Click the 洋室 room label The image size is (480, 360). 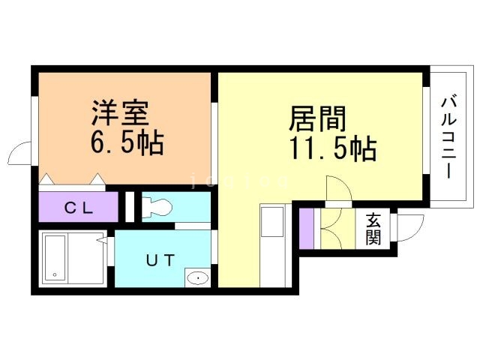[120, 114]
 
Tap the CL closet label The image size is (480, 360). [78, 208]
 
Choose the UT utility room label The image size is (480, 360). [160, 261]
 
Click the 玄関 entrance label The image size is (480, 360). [373, 229]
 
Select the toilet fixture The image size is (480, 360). [157, 206]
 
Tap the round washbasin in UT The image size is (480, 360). [197, 279]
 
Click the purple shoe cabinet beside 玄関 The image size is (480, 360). [306, 229]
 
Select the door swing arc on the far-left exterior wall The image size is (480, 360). [20, 154]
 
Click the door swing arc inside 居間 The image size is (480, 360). [337, 188]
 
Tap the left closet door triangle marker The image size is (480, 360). [46, 179]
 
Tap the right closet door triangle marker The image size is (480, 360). [97, 179]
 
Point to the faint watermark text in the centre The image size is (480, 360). [240, 180]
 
